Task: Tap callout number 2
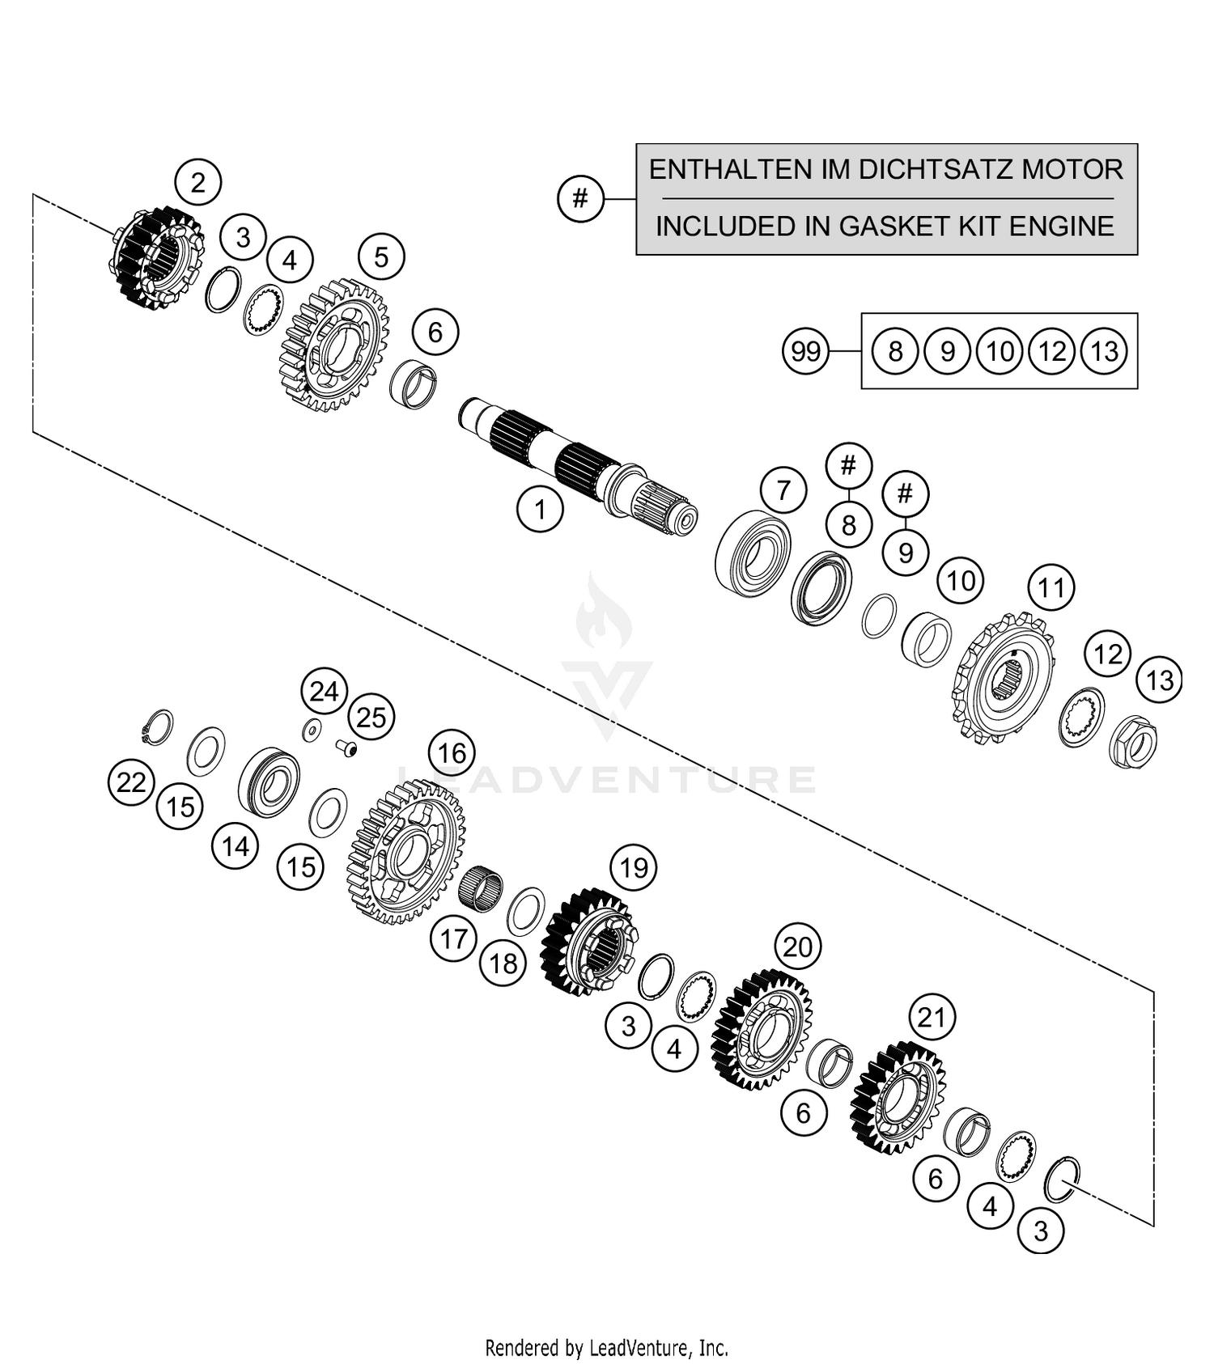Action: pos(198,183)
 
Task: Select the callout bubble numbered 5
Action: pos(381,257)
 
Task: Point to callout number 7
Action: pos(783,490)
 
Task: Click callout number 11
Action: pos(1051,587)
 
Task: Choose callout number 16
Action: pos(452,753)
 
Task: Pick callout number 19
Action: pos(634,868)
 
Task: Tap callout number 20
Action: pos(797,947)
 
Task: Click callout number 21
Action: pos(932,1017)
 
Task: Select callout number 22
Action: pos(131,782)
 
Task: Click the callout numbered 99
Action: pos(805,352)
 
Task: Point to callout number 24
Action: pos(324,692)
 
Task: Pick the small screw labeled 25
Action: pos(347,748)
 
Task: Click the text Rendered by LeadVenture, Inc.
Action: pos(606,1348)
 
